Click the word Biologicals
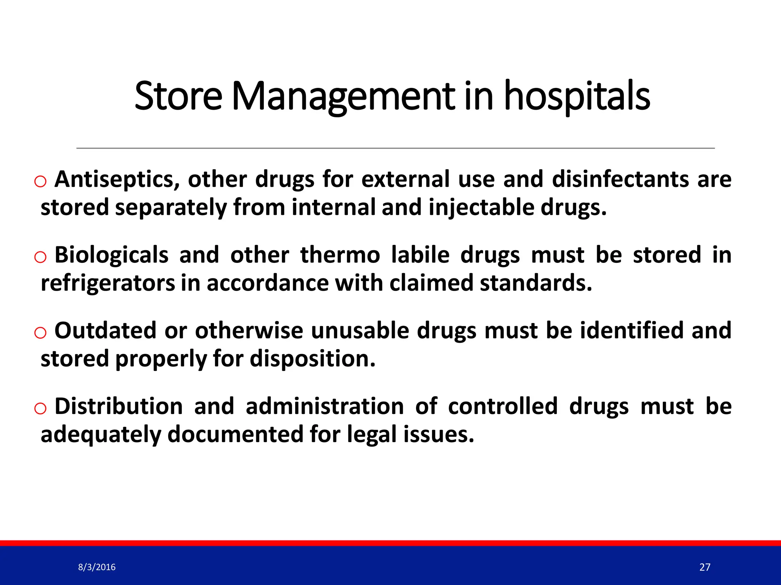pyautogui.click(x=111, y=255)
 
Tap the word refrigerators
pyautogui.click(x=108, y=283)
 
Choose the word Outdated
pyautogui.click(x=105, y=330)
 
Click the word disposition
pyautogui.click(x=313, y=359)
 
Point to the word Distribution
pyautogui.click(x=119, y=406)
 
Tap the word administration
pyautogui.click(x=325, y=406)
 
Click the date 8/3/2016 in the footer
pyautogui.click(x=97, y=567)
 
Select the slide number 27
pyautogui.click(x=705, y=567)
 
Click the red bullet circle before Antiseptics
pyautogui.click(x=40, y=182)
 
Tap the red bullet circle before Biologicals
pyautogui.click(x=40, y=257)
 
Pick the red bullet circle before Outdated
pyautogui.click(x=40, y=333)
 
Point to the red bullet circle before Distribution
pyautogui.click(x=40, y=409)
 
